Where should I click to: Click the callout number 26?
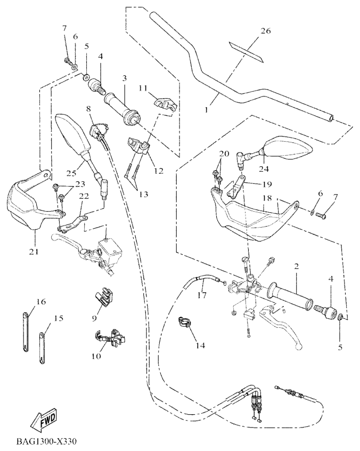265,31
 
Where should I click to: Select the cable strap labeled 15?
42,347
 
